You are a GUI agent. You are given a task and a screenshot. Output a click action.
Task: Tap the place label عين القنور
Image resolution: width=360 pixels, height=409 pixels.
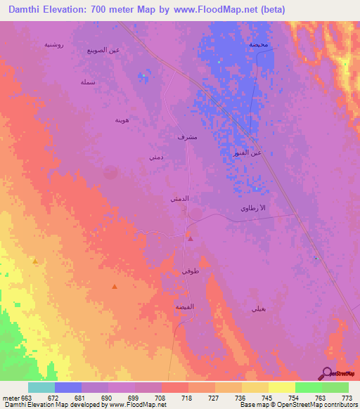pyautogui.click(x=247, y=152)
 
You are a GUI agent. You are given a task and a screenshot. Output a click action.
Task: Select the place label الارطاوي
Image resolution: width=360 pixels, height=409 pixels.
pyautogui.click(x=253, y=209)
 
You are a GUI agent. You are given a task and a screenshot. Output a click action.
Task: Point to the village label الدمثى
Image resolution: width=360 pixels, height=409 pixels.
pyautogui.click(x=179, y=200)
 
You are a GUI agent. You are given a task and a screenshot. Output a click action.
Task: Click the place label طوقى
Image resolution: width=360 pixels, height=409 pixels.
pyautogui.click(x=190, y=271)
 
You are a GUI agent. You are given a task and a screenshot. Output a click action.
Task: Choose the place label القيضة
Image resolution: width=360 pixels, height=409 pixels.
pyautogui.click(x=185, y=307)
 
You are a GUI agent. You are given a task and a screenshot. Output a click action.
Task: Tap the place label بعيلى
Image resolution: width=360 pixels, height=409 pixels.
pyautogui.click(x=257, y=309)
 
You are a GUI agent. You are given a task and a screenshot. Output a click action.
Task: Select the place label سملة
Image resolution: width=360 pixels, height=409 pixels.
pyautogui.click(x=88, y=82)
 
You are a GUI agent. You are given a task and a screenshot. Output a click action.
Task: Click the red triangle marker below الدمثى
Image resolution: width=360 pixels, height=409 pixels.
pyautogui.click(x=191, y=238)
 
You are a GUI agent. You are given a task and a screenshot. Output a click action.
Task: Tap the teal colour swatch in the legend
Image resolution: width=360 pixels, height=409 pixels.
pyautogui.click(x=41, y=387)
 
